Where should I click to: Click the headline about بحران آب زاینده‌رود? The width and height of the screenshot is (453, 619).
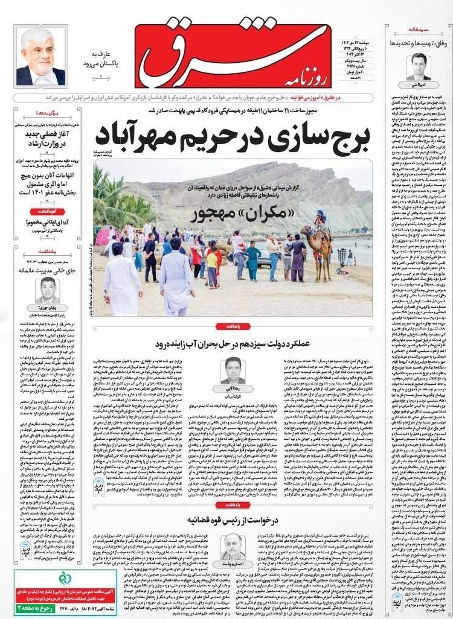coord(233,344)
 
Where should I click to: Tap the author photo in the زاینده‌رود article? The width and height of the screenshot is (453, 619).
coord(232,370)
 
